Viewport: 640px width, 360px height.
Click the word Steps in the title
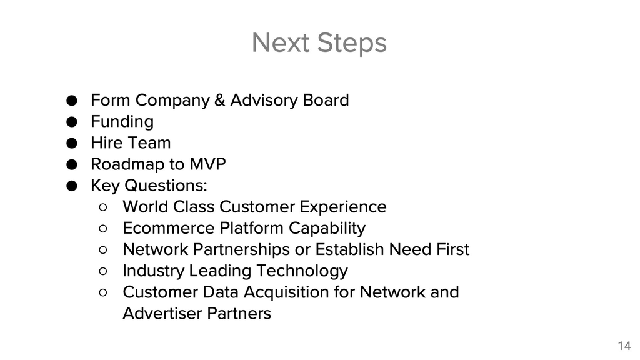point(352,43)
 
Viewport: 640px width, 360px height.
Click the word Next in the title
point(281,42)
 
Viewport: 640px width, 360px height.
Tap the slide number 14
point(624,346)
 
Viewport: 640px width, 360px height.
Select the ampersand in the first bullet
point(219,100)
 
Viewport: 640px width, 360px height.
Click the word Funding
point(122,122)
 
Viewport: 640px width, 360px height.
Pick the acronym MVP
point(207,164)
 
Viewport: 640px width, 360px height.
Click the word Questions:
point(166,185)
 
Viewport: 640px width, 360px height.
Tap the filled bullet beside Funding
point(72,122)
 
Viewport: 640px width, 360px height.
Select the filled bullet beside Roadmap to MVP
point(72,164)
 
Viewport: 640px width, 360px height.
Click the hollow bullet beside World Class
point(103,207)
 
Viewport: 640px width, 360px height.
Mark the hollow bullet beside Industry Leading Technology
point(103,271)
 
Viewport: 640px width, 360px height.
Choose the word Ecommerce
point(169,228)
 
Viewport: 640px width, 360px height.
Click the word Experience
point(343,207)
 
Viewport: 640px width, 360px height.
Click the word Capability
point(327,229)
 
